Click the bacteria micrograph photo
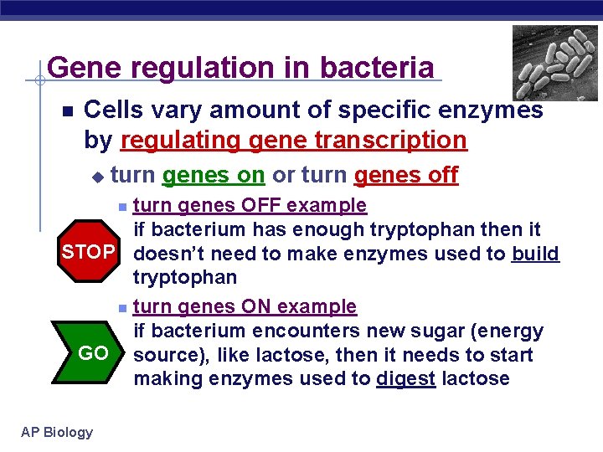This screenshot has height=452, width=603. point(555,62)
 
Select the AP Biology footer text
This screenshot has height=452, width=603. point(58,432)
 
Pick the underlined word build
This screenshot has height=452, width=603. point(534,253)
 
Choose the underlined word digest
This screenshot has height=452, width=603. point(405,378)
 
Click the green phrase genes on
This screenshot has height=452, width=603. point(214,175)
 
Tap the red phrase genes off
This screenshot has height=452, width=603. point(406,175)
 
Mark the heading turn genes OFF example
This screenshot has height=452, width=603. point(250,205)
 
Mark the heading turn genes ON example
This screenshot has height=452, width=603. point(245,306)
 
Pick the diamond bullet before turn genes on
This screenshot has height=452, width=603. point(97,177)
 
